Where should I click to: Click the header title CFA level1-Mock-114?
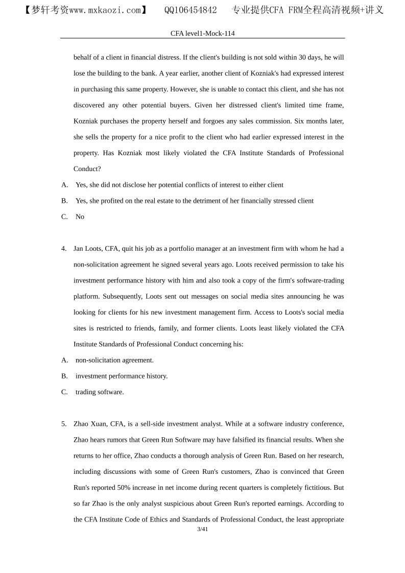pyautogui.click(x=202, y=33)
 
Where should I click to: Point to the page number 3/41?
pyautogui.click(x=202, y=529)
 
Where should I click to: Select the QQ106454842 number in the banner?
pyautogui.click(x=190, y=10)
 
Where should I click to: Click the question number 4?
pyautogui.click(x=64, y=249)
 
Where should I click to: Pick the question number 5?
pyautogui.click(x=64, y=424)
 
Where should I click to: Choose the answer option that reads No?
pyautogui.click(x=80, y=217)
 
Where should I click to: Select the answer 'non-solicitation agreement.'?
pyautogui.click(x=114, y=360)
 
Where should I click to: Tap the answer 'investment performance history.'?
pyautogui.click(x=122, y=376)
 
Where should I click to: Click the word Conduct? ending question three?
pyautogui.click(x=87, y=169)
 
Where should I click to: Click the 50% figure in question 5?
pyautogui.click(x=136, y=488)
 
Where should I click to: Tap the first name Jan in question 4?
pyautogui.click(x=79, y=249)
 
